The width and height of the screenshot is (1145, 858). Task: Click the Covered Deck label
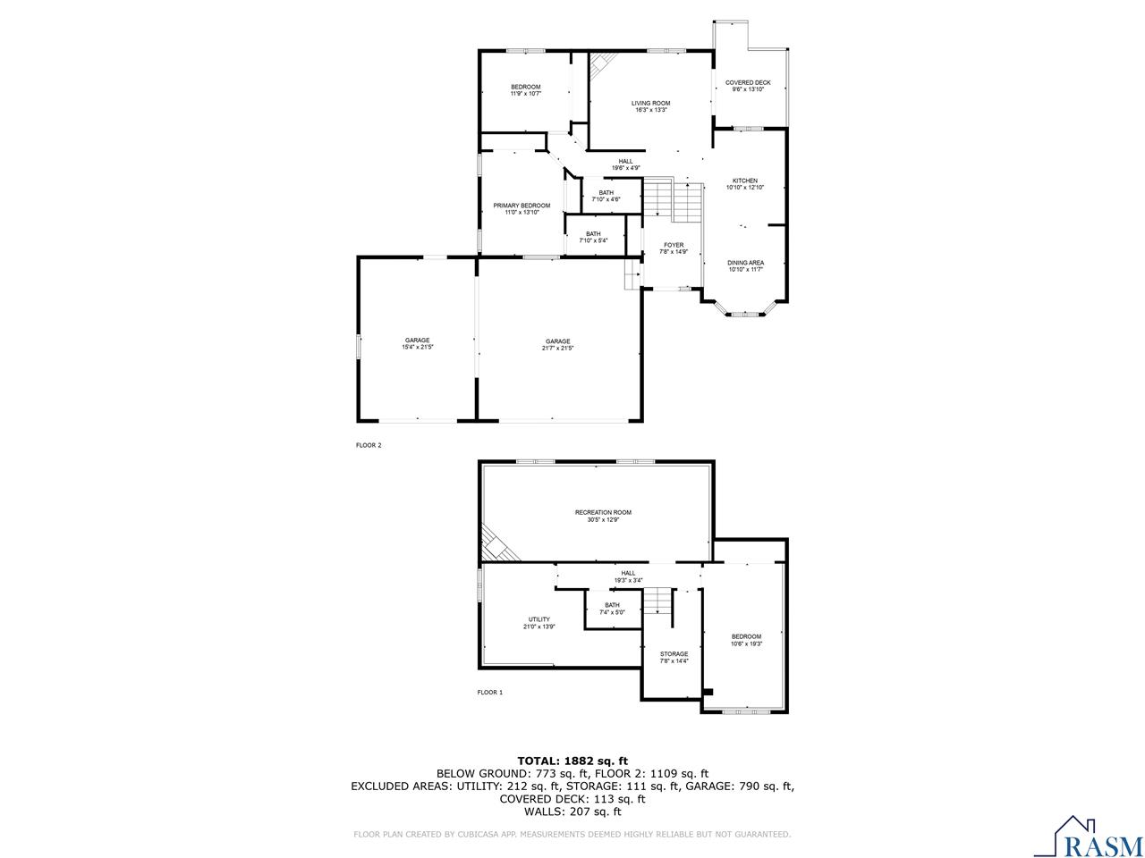click(x=748, y=86)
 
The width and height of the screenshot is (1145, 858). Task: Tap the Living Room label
click(x=650, y=106)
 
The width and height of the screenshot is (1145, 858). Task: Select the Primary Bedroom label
click(x=522, y=209)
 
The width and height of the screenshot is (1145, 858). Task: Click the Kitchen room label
click(x=744, y=184)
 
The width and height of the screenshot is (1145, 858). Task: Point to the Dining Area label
click(x=744, y=265)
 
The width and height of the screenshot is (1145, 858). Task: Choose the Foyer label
click(x=674, y=248)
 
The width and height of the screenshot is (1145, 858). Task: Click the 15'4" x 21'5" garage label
click(x=417, y=343)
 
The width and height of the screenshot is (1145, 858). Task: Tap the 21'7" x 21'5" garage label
click(x=557, y=344)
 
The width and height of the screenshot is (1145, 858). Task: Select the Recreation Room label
click(x=603, y=516)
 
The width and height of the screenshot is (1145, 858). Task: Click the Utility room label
click(x=539, y=623)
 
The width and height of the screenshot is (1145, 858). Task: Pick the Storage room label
click(x=674, y=657)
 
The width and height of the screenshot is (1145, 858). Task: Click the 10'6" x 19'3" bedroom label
click(x=746, y=640)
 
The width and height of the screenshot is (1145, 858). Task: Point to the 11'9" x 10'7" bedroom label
click(x=526, y=89)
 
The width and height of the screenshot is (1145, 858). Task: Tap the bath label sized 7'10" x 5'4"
click(x=593, y=237)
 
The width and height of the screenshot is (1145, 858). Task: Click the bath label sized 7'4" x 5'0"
click(x=612, y=608)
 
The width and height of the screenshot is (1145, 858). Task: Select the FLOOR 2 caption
click(x=369, y=445)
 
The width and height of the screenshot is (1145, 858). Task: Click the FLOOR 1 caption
click(x=489, y=693)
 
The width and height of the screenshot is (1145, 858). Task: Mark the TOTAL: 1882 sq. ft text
click(x=572, y=761)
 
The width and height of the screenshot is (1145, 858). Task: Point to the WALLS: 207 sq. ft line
click(x=572, y=812)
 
